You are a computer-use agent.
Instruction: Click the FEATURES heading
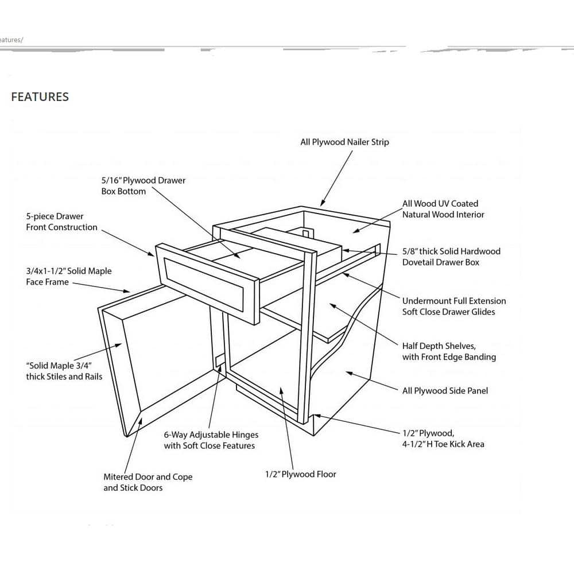coord(40,96)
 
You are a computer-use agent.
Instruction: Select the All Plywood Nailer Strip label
coord(344,142)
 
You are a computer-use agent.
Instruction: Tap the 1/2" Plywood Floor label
coord(300,474)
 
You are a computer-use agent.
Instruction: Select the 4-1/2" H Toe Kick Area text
coord(443,444)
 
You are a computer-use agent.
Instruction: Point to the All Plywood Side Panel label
coord(445,390)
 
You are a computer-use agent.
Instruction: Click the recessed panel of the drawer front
coord(204,284)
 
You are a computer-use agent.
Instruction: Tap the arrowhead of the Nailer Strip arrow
coord(323,204)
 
